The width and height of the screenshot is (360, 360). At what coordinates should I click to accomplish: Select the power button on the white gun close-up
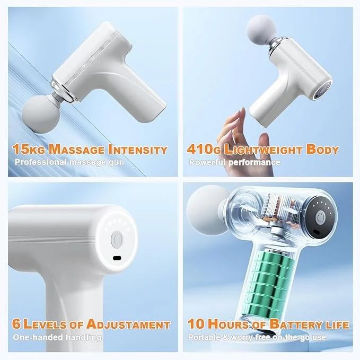(x=117, y=240)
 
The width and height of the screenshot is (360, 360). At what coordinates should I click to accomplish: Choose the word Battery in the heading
(x=288, y=324)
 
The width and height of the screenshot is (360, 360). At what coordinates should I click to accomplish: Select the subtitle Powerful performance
(x=235, y=162)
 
